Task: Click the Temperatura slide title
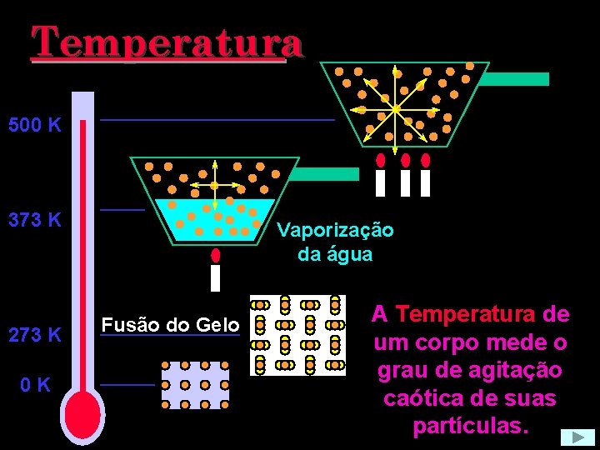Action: pyautogui.click(x=167, y=42)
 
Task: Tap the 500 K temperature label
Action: pyautogui.click(x=35, y=127)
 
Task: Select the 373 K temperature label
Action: pyautogui.click(x=35, y=221)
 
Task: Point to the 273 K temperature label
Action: pyautogui.click(x=35, y=335)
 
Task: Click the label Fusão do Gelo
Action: pyautogui.click(x=170, y=325)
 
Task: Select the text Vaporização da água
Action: pyautogui.click(x=335, y=242)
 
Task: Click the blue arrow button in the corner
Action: pyautogui.click(x=577, y=437)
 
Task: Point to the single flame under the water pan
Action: pyautogui.click(x=216, y=255)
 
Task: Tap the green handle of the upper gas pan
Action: pyautogui.click(x=517, y=79)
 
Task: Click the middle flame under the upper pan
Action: pyautogui.click(x=406, y=159)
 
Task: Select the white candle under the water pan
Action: pyautogui.click(x=216, y=278)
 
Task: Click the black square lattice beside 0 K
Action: pyautogui.click(x=195, y=384)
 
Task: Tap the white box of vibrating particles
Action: pyautogui.click(x=297, y=335)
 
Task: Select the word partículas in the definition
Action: pyautogui.click(x=470, y=426)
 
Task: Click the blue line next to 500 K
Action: pyautogui.click(x=217, y=121)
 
